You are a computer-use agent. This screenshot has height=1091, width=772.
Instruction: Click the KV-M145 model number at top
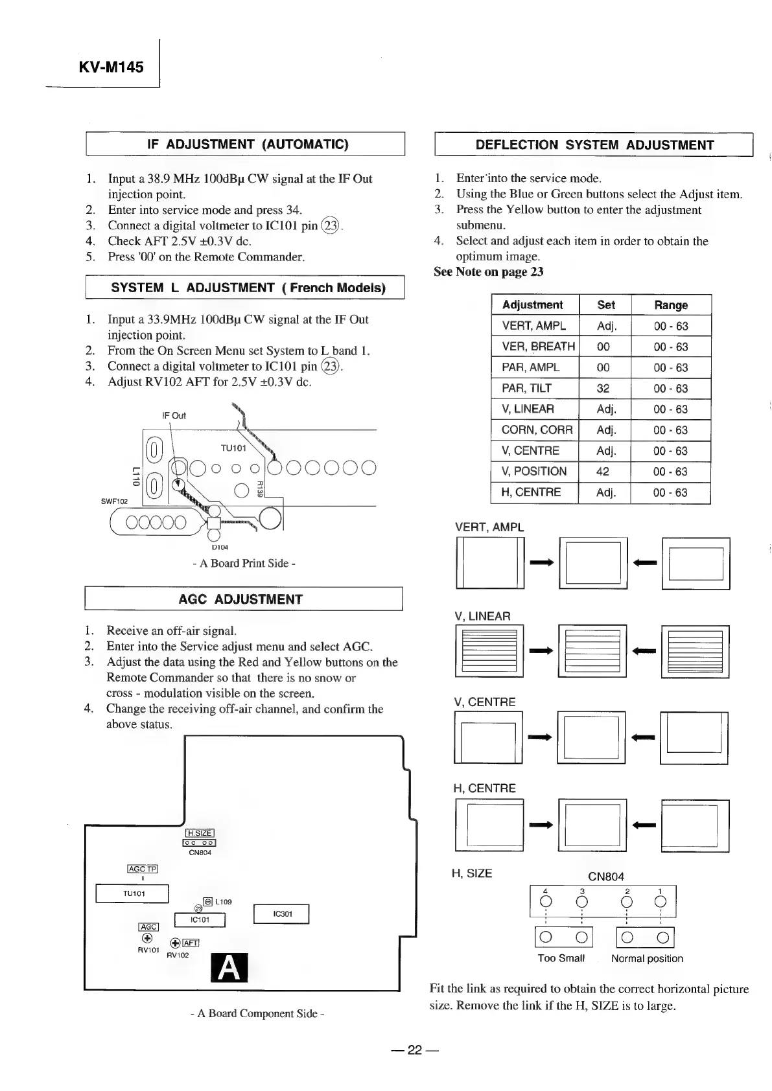[x=111, y=67]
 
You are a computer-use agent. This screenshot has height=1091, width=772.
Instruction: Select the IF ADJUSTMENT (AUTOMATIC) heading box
[x=245, y=144]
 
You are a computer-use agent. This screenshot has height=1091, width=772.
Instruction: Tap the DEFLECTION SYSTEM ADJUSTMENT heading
[x=594, y=145]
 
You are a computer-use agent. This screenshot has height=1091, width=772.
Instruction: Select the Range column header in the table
[x=671, y=305]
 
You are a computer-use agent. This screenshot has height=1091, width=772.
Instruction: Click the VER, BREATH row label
[x=538, y=347]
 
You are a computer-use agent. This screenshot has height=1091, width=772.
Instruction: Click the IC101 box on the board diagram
[x=200, y=920]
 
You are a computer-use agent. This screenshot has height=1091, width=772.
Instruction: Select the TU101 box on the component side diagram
[x=134, y=893]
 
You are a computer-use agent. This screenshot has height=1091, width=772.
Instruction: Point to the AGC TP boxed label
[x=143, y=869]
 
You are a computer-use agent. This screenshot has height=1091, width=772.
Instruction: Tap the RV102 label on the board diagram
[x=178, y=955]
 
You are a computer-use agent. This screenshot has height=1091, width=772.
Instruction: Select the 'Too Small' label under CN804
[x=561, y=958]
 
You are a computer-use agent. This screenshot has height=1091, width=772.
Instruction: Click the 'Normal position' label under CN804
[x=647, y=958]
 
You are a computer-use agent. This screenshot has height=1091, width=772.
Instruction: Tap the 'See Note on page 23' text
[x=489, y=272]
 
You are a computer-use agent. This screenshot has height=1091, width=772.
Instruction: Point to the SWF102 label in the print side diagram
[x=115, y=501]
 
